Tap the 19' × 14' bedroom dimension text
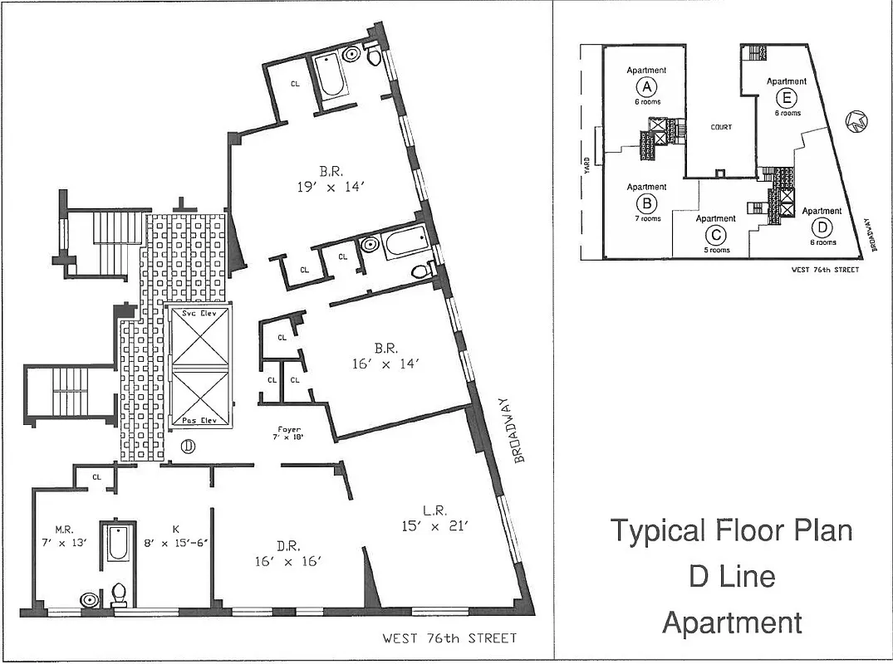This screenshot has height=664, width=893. pyautogui.click(x=326, y=188)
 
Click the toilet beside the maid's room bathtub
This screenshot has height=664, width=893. pyautogui.click(x=119, y=593)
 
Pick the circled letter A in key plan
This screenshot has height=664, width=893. pyautogui.click(x=645, y=86)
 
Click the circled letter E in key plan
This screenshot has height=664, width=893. pyautogui.click(x=786, y=97)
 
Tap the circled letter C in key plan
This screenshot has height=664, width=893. pyautogui.click(x=715, y=234)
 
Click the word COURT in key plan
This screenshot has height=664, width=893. pyautogui.click(x=721, y=127)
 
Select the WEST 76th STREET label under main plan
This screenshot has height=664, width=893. pyautogui.click(x=449, y=638)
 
